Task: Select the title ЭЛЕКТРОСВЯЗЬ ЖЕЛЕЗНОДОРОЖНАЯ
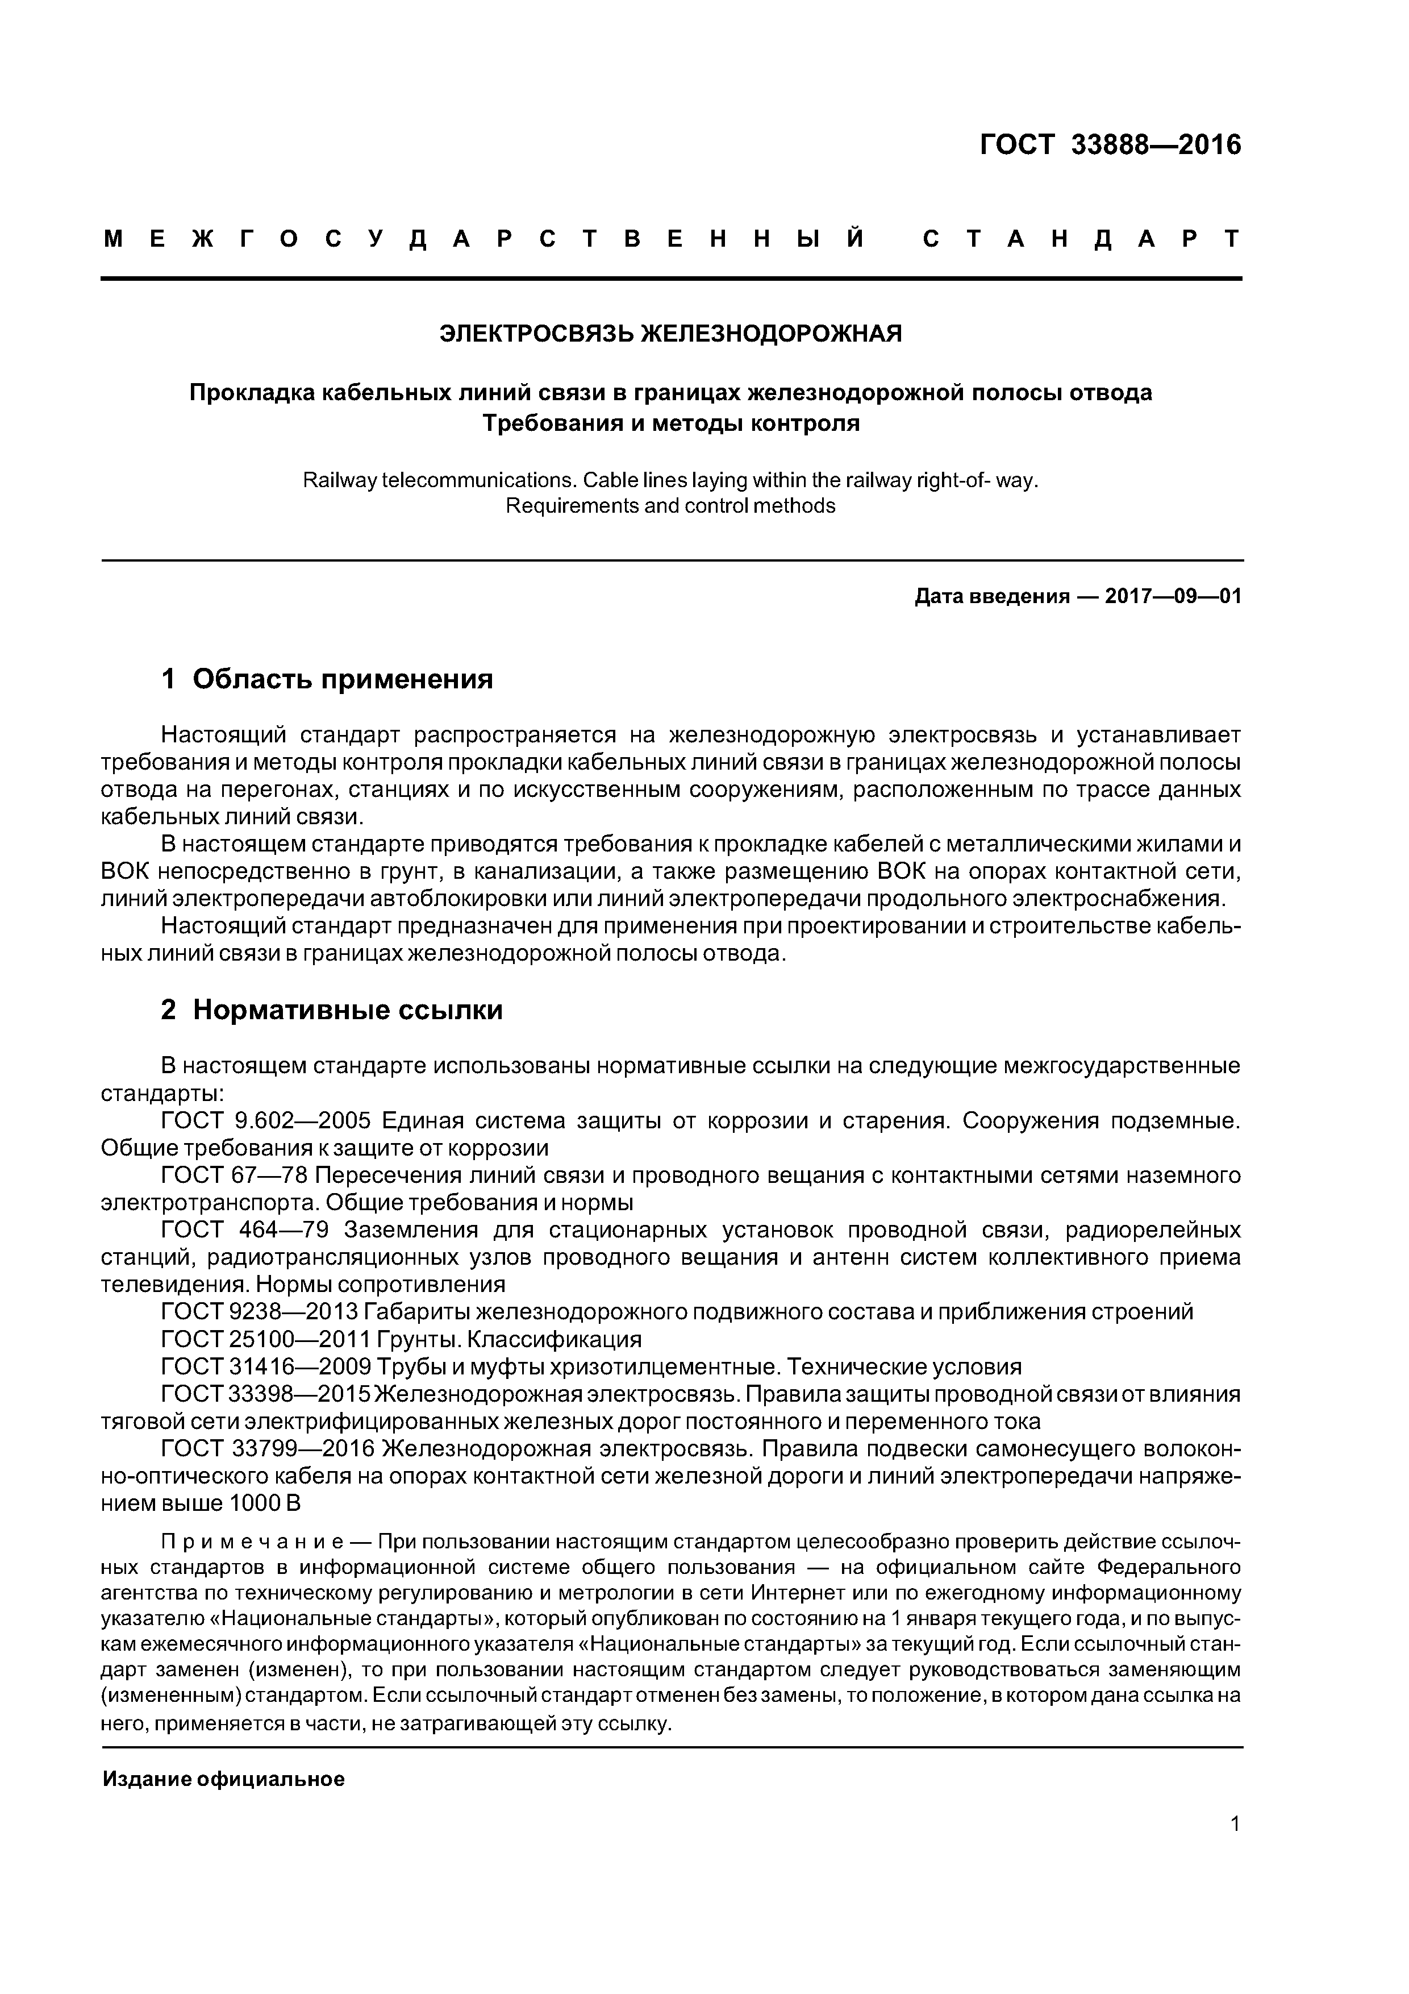tap(671, 334)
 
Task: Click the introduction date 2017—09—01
tap(1173, 597)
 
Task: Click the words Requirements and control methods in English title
tap(670, 506)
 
